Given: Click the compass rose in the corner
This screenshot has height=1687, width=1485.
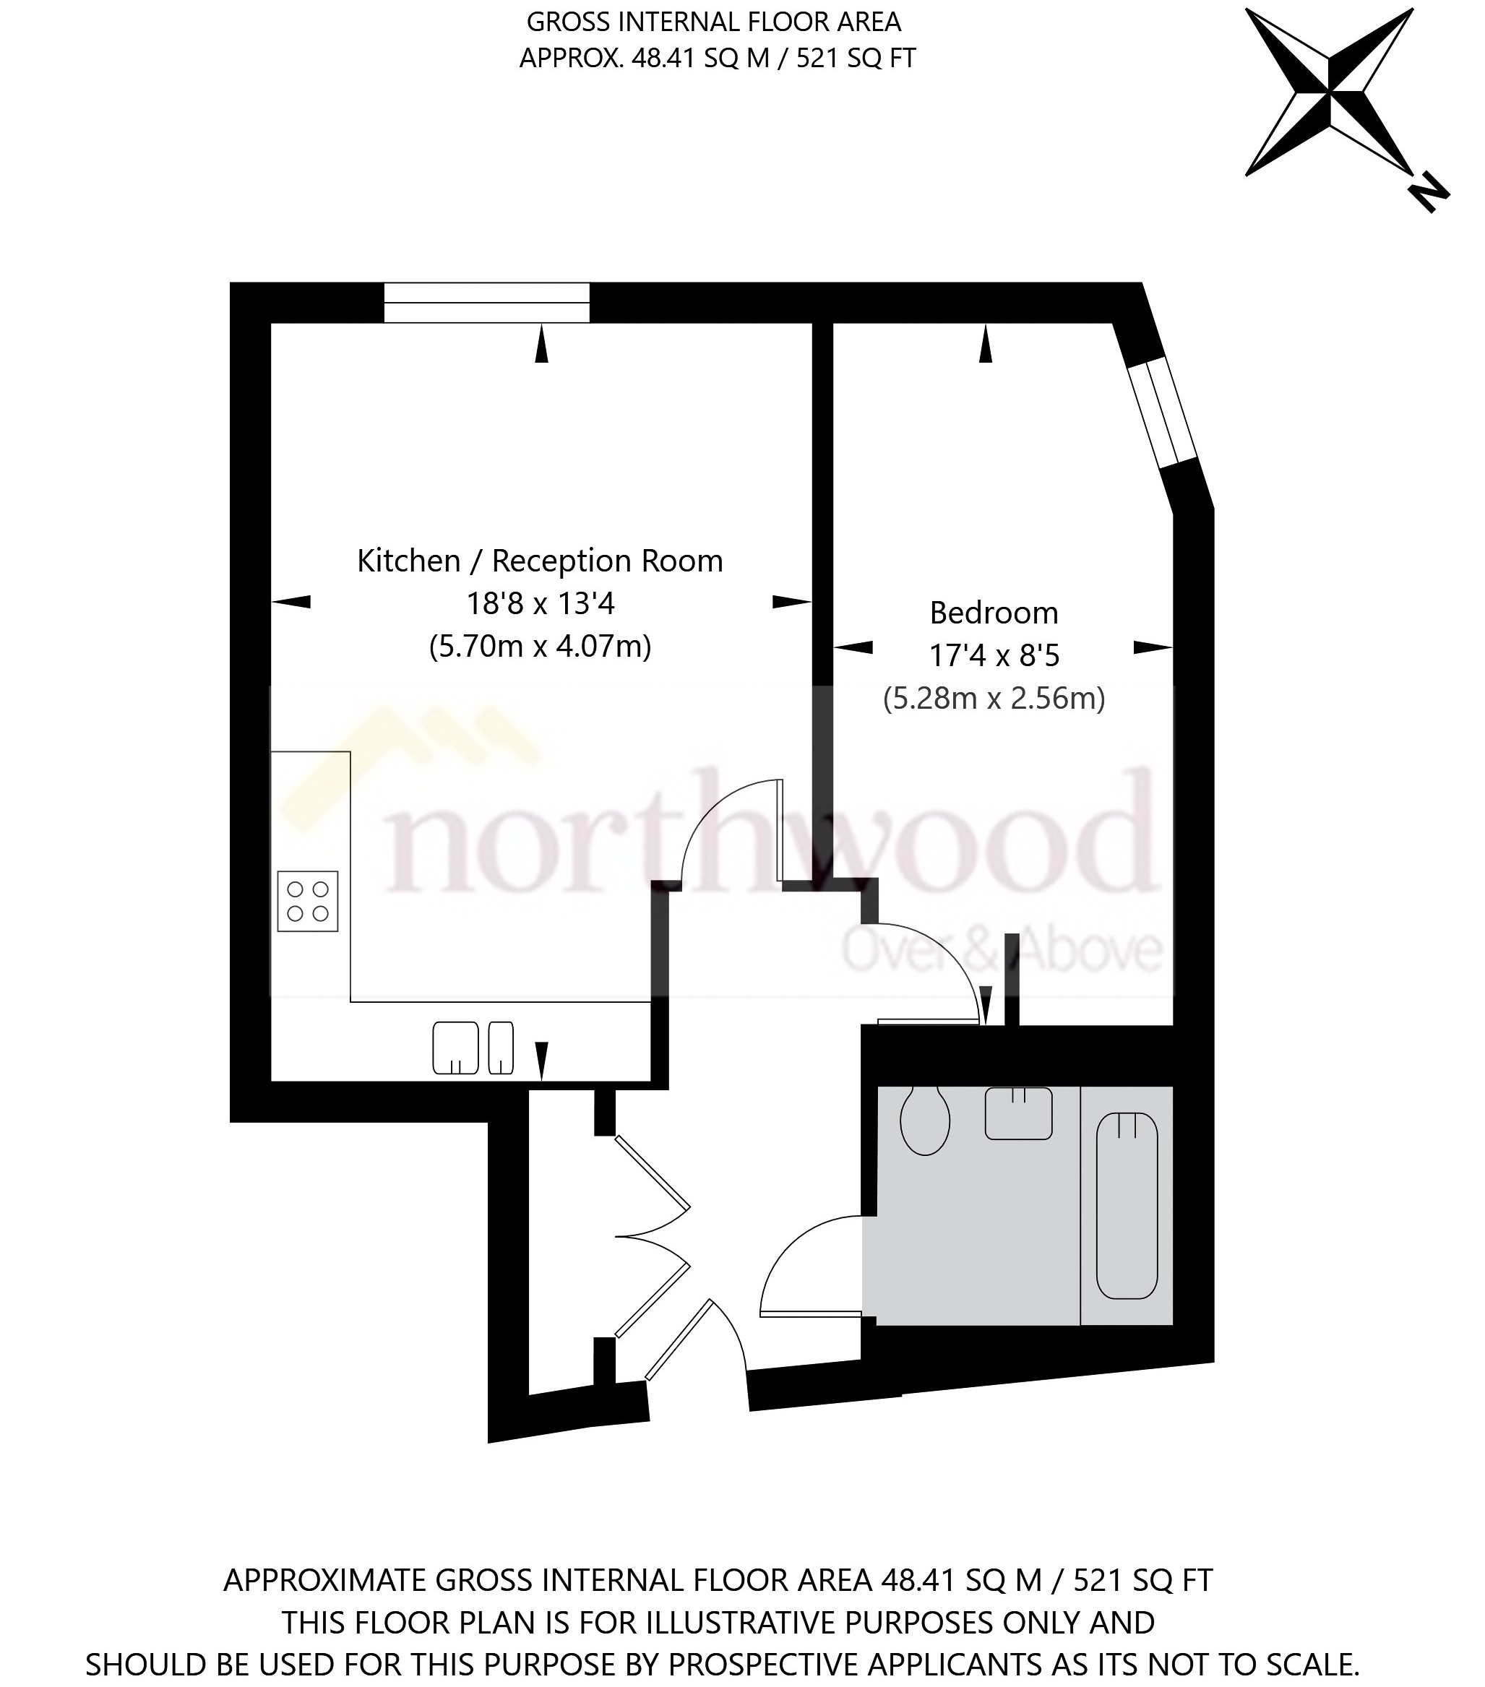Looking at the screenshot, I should point(1328,92).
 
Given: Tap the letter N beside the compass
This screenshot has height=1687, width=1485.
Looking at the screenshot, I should point(1429,193).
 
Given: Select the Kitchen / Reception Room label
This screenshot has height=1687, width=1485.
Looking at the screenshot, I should point(540,561).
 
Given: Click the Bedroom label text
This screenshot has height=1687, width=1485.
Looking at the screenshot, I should point(993,613).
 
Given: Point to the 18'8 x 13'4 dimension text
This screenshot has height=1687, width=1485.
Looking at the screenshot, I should point(540,604).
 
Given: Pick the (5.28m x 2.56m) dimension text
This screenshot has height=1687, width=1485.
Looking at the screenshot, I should point(993,698).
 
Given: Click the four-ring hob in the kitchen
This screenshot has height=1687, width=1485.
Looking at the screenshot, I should point(308,901).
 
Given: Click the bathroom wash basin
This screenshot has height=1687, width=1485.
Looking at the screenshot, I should point(1017,1113).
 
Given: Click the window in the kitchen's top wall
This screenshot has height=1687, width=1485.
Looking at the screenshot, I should point(487,302).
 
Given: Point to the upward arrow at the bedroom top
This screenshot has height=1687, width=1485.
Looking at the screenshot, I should point(985,343).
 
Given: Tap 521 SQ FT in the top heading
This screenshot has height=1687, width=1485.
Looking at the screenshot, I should point(855,59).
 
